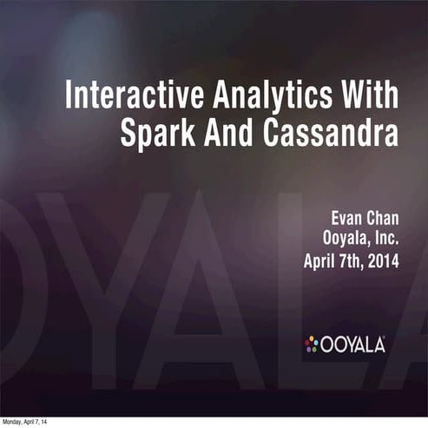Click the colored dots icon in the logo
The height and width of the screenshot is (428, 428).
312,344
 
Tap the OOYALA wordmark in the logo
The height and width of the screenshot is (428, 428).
354,345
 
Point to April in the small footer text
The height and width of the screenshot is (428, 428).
32,423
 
